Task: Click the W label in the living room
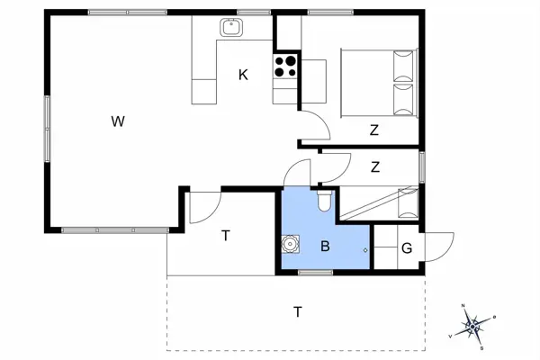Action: [117, 121]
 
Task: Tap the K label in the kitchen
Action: [243, 75]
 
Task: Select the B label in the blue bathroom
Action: [325, 245]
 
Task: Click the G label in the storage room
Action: [407, 247]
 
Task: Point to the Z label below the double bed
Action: [373, 130]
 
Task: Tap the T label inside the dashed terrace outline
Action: [297, 312]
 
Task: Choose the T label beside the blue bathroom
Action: [226, 236]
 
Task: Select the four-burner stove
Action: [286, 66]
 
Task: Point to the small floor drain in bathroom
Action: [364, 250]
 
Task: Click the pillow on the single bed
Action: [408, 202]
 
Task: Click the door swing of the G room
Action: [439, 244]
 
